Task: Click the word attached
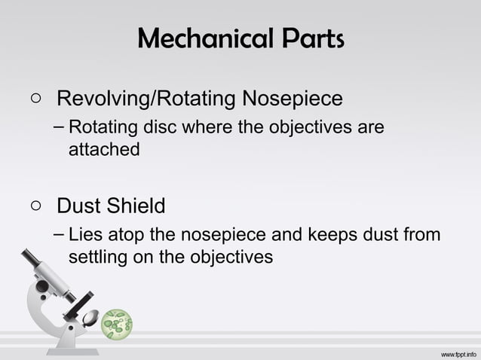pos(104,149)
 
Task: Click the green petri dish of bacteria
pos(117,323)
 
